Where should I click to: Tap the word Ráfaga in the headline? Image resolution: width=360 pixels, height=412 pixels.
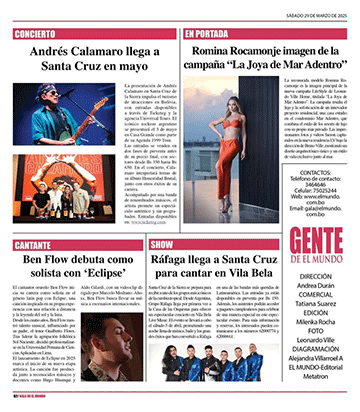click(x=216, y=263)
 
